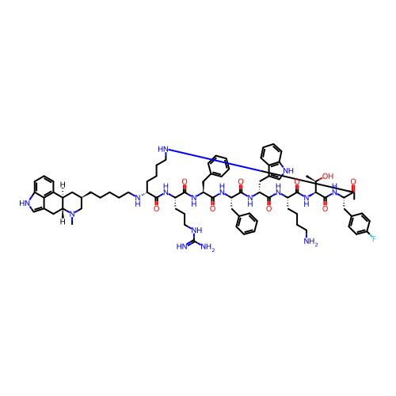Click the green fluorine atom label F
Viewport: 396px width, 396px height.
coord(374,239)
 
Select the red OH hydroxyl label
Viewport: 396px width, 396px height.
coord(328,176)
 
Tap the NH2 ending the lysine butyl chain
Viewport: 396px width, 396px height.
coord(310,242)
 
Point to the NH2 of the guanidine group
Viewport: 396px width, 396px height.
coord(208,247)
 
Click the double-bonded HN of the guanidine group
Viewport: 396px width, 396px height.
coord(182,247)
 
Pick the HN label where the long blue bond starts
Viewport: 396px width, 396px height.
coord(163,149)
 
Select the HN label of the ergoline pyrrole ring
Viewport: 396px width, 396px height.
coord(25,204)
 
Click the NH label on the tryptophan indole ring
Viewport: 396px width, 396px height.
coord(288,170)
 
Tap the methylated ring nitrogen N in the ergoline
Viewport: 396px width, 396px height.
coord(72,215)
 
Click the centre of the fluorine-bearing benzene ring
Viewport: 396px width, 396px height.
coord(360,224)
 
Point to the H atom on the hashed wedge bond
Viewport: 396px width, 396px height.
coord(63,184)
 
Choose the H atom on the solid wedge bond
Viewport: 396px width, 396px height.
coord(63,221)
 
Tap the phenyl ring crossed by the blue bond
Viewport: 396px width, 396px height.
coord(219,166)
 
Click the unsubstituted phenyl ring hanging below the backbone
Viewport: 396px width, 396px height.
coord(247,223)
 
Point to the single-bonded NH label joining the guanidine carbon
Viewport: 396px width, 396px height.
coord(196,230)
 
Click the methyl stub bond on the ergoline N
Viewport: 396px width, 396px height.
coord(72,221)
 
